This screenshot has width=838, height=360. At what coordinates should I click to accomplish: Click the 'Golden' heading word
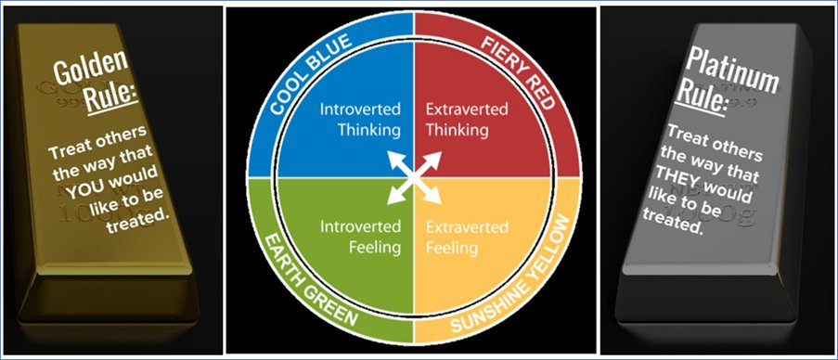pyautogui.click(x=91, y=66)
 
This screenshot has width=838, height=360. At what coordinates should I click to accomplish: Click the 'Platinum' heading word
pyautogui.click(x=731, y=70)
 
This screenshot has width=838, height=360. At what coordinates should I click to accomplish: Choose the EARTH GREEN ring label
pyautogui.click(x=310, y=281)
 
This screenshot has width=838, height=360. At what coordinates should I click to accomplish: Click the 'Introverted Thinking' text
pyautogui.click(x=360, y=120)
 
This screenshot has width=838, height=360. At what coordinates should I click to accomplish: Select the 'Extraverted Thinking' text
pyautogui.click(x=467, y=120)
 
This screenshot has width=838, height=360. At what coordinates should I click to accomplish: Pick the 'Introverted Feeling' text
pyautogui.click(x=360, y=238)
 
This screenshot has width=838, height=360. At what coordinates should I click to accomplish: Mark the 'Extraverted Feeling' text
pyautogui.click(x=467, y=238)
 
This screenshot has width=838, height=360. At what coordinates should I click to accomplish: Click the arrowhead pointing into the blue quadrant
pyautogui.click(x=394, y=160)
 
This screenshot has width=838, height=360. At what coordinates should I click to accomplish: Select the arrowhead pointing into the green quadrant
pyautogui.click(x=394, y=197)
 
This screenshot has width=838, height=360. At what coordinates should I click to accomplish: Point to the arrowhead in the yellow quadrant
pyautogui.click(x=434, y=197)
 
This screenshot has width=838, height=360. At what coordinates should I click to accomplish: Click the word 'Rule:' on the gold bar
pyautogui.click(x=111, y=96)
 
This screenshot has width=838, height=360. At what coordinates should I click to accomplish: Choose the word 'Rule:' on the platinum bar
pyautogui.click(x=702, y=97)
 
